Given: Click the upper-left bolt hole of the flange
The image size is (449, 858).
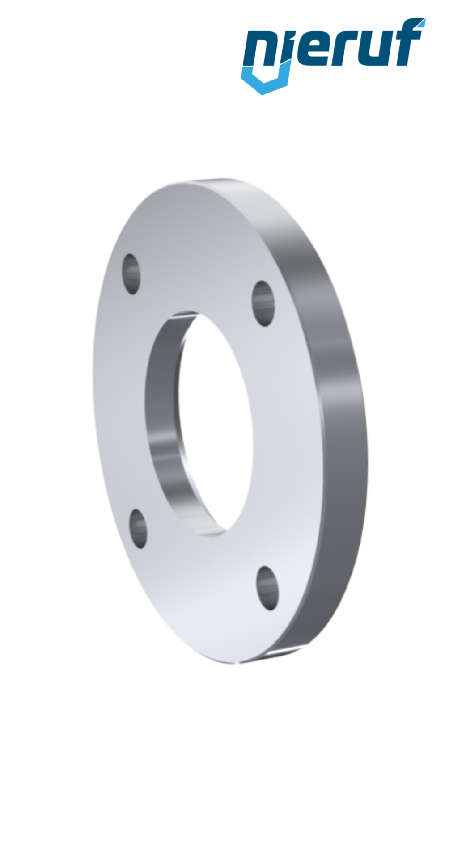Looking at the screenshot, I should pos(131,274).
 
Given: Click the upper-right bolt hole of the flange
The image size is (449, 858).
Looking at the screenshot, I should pos(263,303).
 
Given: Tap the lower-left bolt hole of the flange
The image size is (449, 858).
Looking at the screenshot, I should pos(138,529).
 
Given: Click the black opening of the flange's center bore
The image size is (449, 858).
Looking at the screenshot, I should pos(215,420).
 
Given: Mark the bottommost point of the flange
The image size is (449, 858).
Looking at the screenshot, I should pos(241,664).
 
